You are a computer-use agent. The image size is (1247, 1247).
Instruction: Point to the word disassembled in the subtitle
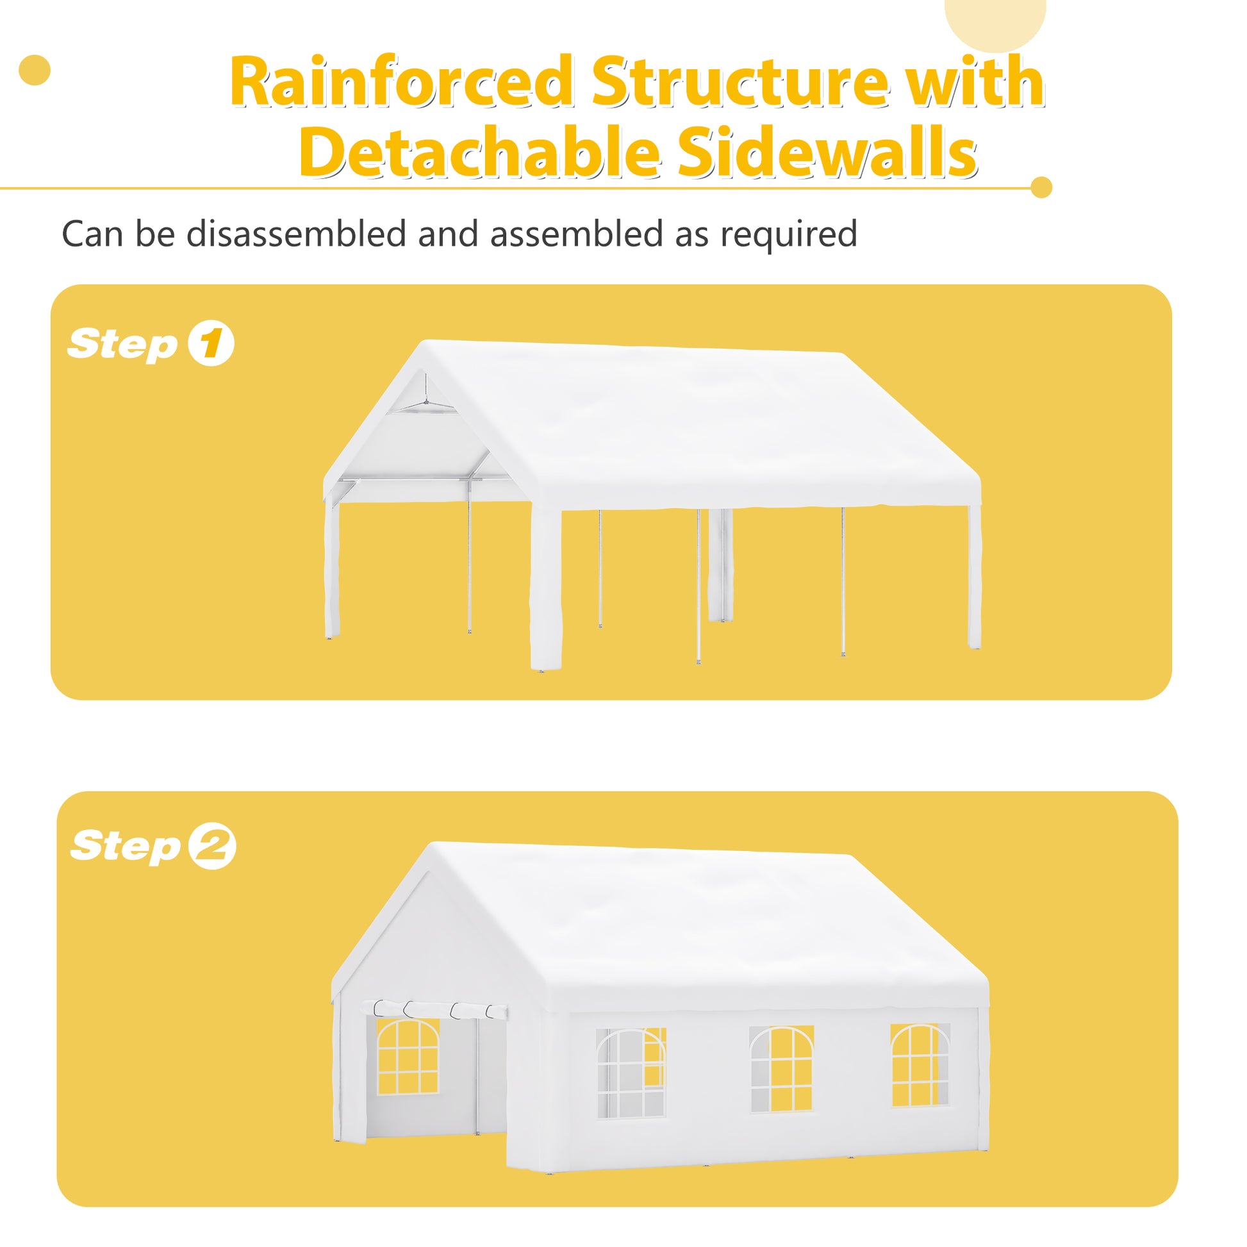pos(296,234)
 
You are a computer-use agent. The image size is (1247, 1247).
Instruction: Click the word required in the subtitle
pos(789,234)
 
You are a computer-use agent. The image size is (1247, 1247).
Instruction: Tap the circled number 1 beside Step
pos(210,343)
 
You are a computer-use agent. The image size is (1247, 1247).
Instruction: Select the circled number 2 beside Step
pos(212,846)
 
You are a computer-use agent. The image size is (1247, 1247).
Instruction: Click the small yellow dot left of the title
pos(35,70)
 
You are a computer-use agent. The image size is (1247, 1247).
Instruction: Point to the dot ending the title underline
pos(1041,187)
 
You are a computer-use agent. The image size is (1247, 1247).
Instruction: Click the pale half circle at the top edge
pos(995,22)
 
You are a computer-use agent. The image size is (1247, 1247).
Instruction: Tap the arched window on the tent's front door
pos(408,1057)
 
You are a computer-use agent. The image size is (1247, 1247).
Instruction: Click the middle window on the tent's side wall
pos(781,1069)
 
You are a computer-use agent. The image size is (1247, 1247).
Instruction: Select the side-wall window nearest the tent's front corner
pos(631,1073)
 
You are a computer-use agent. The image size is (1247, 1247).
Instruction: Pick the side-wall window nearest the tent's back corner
pos(920,1064)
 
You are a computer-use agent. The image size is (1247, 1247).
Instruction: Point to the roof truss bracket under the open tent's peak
pos(425,403)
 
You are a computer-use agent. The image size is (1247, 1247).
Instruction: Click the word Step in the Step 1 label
pos(122,344)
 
